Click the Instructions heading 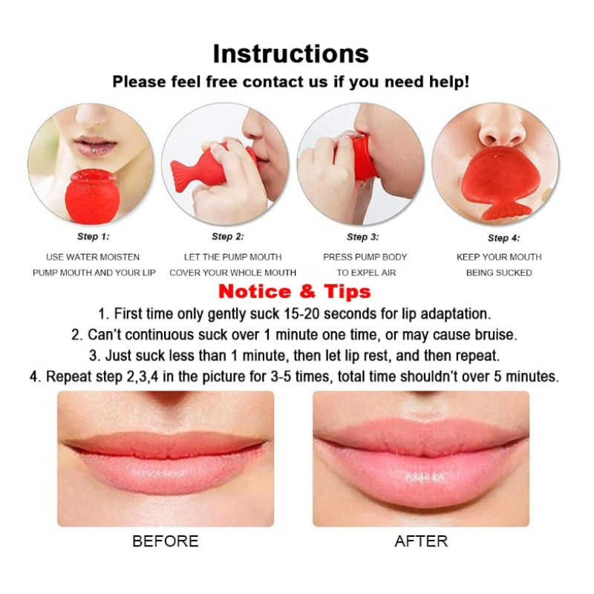pos(290,53)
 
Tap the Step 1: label pos(93,237)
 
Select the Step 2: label pos(227,237)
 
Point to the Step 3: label pos(362,237)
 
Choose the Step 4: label pos(503,238)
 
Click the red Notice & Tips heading pos(294,291)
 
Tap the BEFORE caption pos(165,541)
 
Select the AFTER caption pos(421,541)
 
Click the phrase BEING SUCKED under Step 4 pos(499,272)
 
